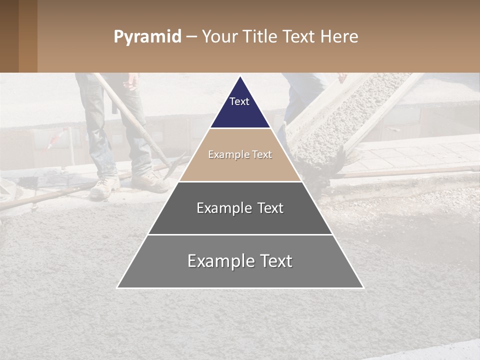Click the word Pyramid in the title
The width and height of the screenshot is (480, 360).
click(147, 37)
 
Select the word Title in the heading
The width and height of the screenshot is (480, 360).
click(260, 36)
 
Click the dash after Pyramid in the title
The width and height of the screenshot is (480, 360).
click(191, 37)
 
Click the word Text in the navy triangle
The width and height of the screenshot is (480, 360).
click(239, 101)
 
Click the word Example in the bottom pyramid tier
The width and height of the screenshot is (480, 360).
click(218, 261)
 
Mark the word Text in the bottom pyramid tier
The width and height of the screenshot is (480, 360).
click(275, 261)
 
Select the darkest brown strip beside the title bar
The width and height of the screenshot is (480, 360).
click(9, 36)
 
